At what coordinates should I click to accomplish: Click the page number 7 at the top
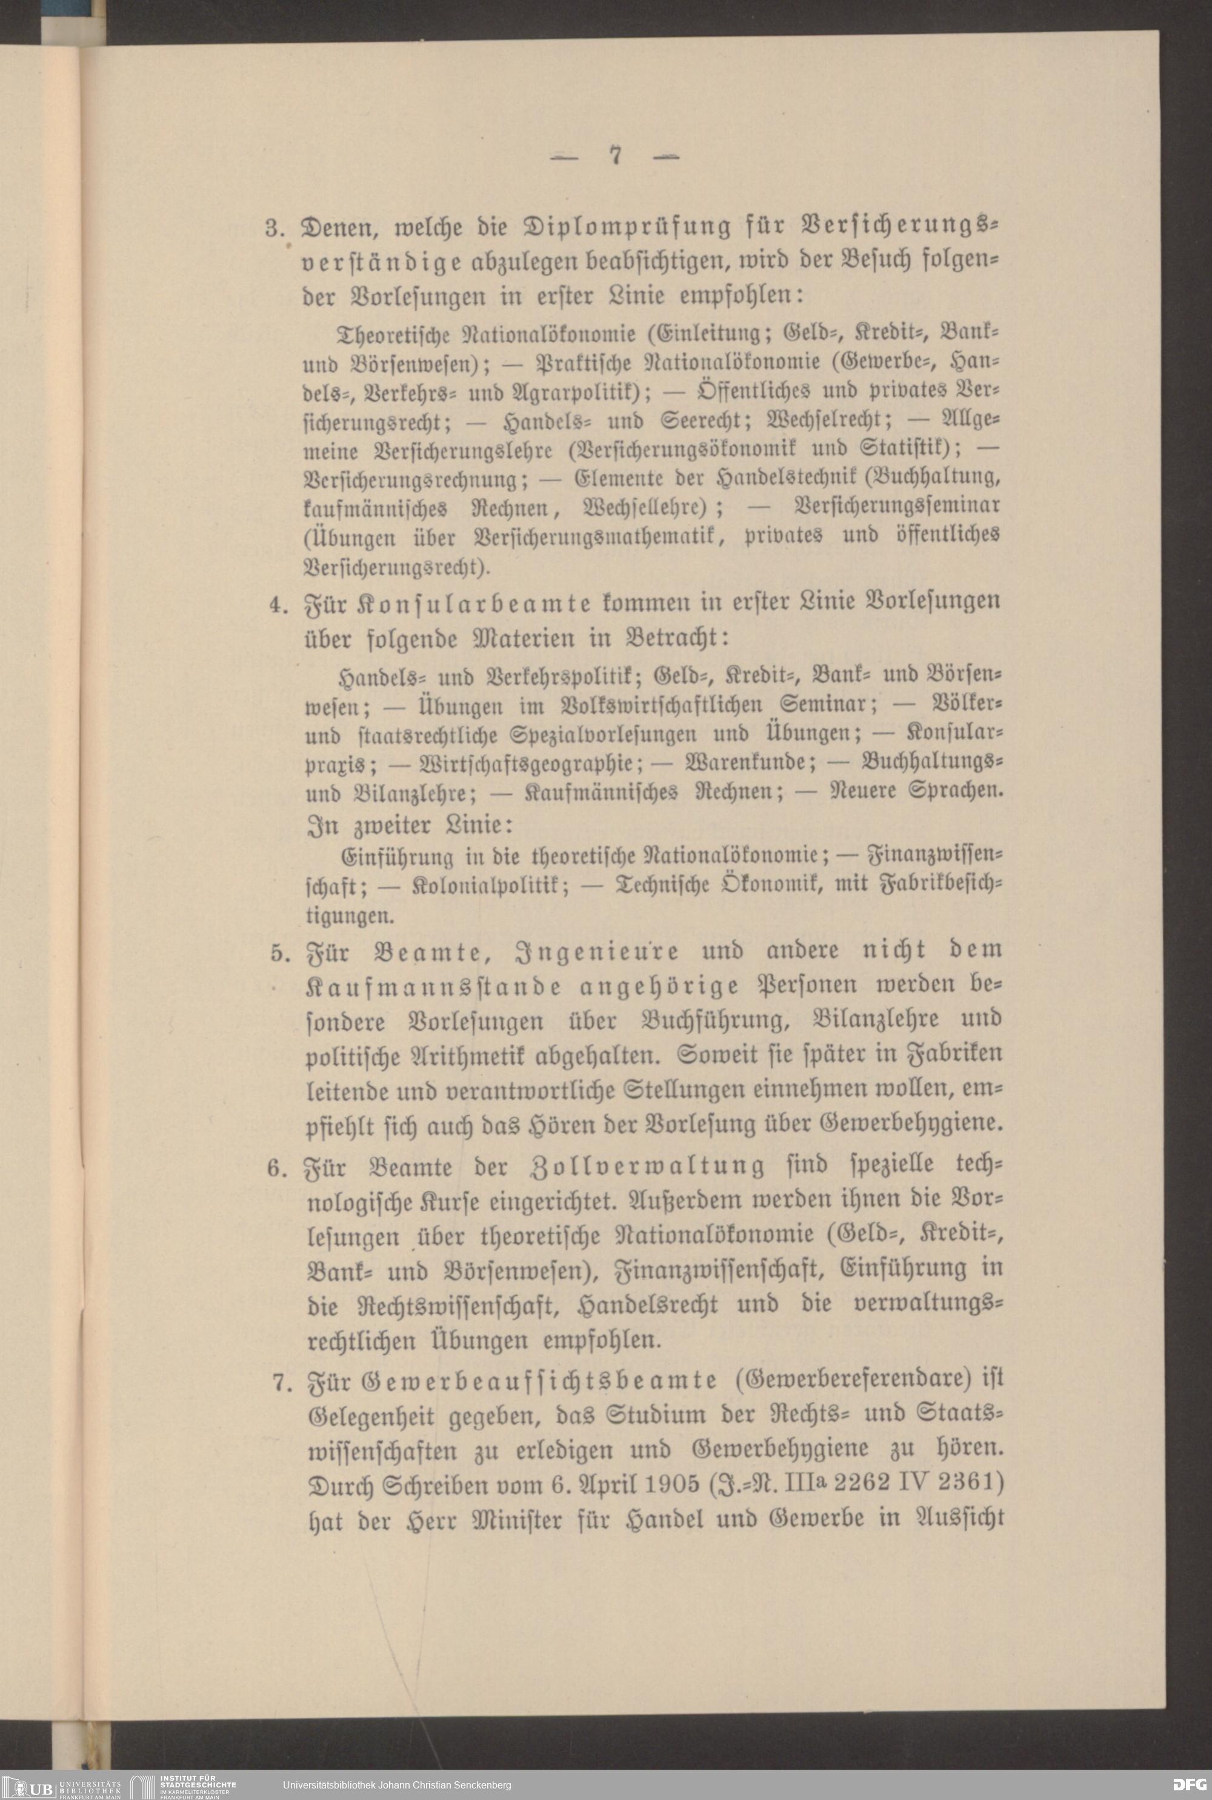tap(615, 156)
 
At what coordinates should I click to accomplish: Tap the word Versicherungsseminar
tap(897, 506)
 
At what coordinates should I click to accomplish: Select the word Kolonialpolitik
tap(491, 885)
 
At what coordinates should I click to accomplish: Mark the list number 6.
tap(278, 1168)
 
